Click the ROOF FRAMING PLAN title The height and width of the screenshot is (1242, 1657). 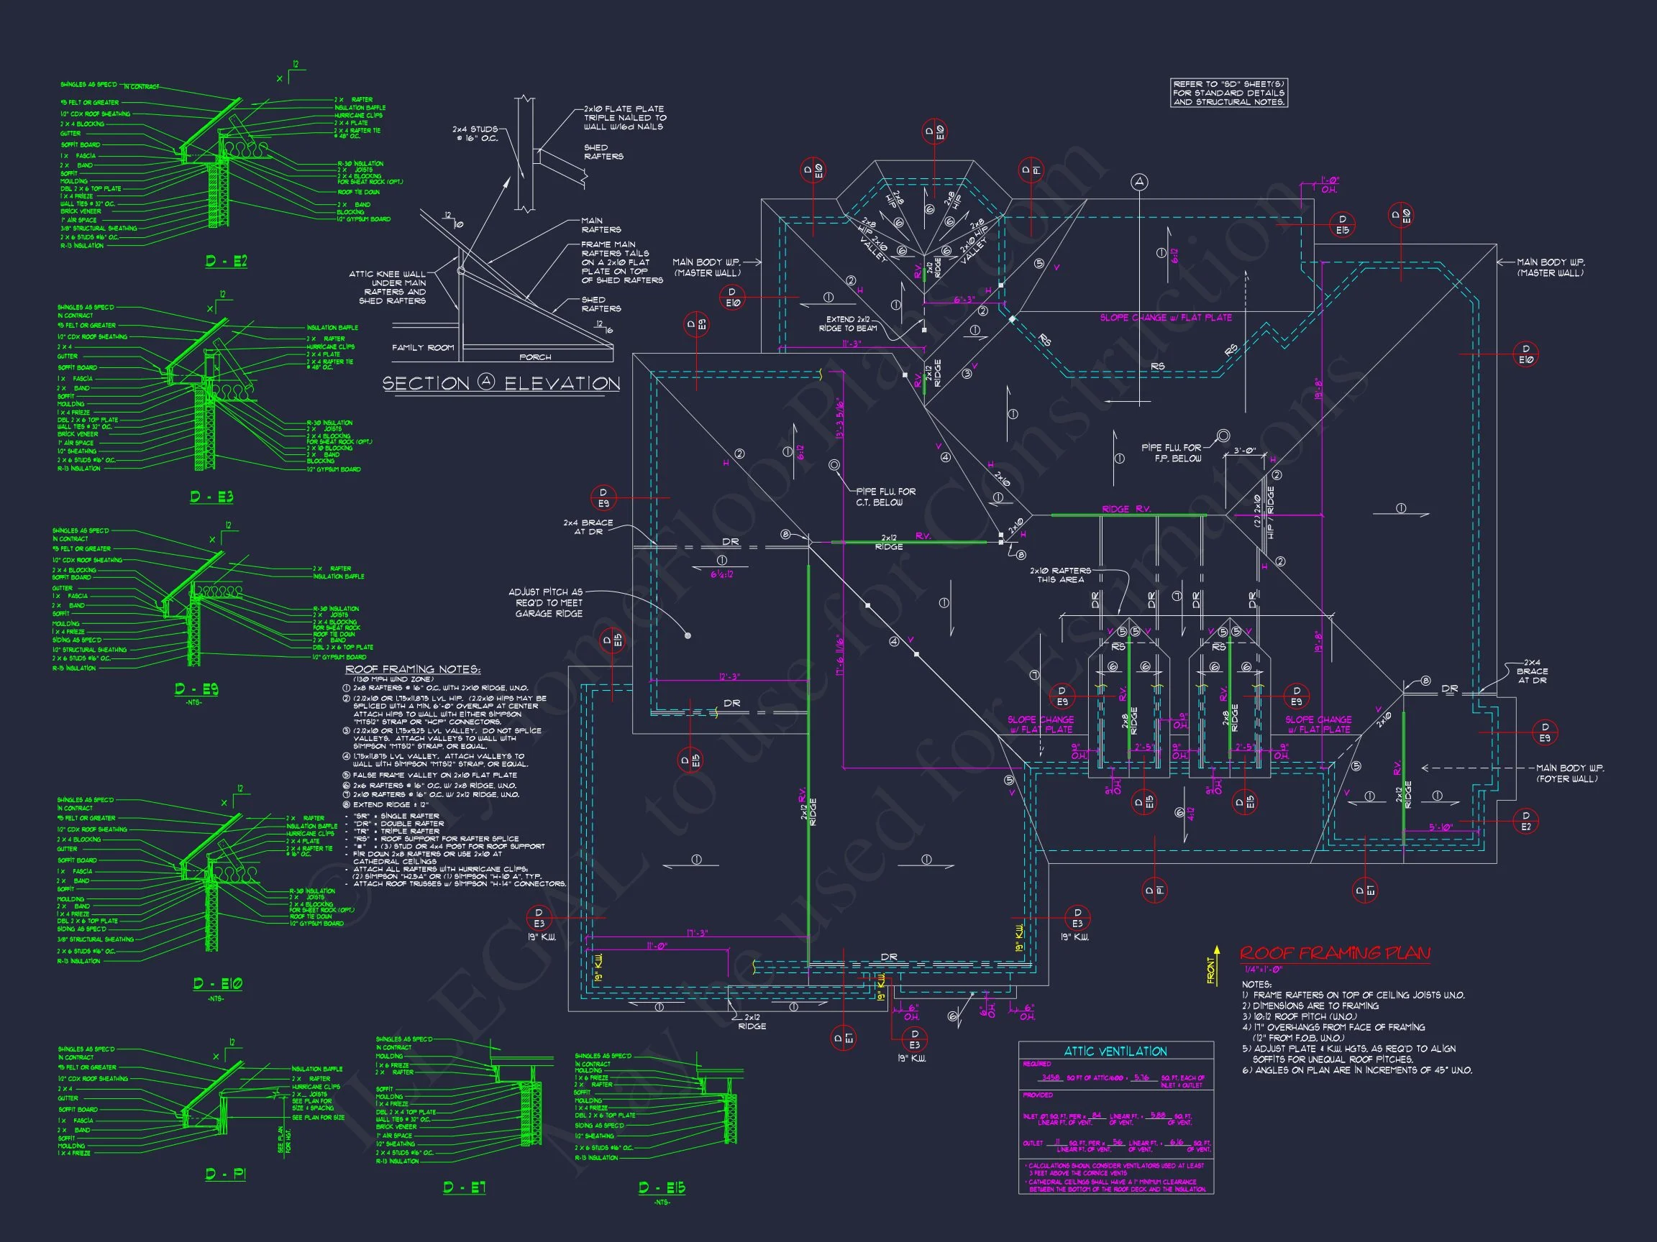click(1334, 953)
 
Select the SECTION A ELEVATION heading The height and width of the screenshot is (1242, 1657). click(501, 383)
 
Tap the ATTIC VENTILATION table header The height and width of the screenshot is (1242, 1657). click(1115, 1051)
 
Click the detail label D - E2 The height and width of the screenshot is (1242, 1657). click(227, 262)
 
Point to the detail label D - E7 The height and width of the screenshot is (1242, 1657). click(465, 1187)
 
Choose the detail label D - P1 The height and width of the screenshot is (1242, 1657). click(226, 1174)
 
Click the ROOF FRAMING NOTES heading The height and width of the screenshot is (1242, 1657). click(413, 669)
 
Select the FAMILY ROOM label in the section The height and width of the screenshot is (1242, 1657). click(423, 347)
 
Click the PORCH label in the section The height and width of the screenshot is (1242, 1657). click(535, 357)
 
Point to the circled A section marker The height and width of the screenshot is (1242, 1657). click(1139, 182)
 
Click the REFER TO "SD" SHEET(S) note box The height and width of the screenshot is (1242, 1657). click(1229, 93)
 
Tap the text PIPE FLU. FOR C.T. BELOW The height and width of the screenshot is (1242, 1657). click(885, 497)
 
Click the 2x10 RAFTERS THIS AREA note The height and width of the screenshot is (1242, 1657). click(1060, 575)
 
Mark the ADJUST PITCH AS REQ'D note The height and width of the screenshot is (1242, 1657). click(548, 602)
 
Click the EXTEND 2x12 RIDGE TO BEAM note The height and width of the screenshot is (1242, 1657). click(848, 323)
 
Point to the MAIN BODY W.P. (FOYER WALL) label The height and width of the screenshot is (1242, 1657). click(1570, 773)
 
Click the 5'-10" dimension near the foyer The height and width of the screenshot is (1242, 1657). click(1441, 827)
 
